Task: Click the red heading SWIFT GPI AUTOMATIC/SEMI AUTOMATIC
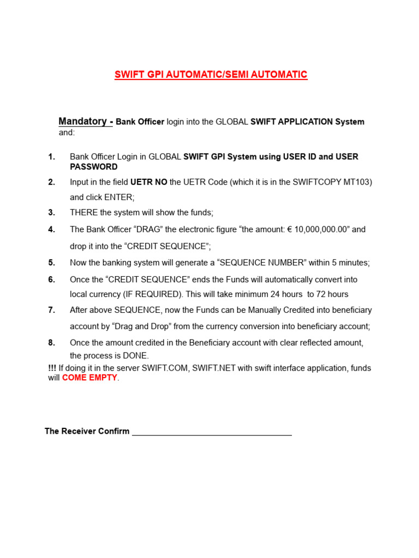click(x=211, y=75)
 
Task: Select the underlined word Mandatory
click(x=82, y=122)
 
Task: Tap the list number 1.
click(x=52, y=157)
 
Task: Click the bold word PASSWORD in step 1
click(x=93, y=167)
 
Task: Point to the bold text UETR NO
click(x=149, y=182)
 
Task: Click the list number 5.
click(x=52, y=263)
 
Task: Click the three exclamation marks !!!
click(x=52, y=368)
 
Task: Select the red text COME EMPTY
click(x=89, y=378)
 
